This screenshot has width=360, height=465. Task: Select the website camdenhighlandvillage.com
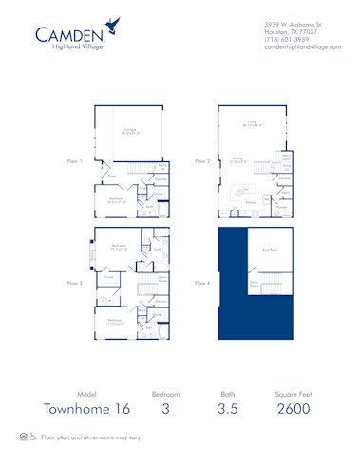[301, 46]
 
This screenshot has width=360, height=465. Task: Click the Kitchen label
[252, 201]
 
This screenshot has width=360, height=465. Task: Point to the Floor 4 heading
[201, 282]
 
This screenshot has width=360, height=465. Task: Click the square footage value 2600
[294, 409]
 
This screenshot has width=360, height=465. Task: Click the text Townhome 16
[87, 409]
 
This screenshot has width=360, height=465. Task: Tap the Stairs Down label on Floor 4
[255, 283]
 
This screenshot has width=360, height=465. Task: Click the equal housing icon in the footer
[24, 437]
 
